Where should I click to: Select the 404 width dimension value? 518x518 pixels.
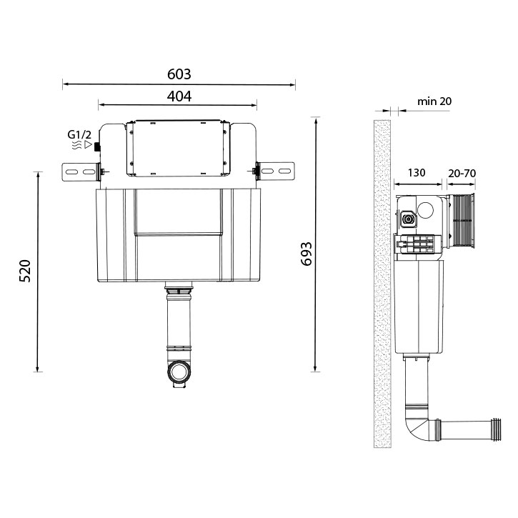(179, 95)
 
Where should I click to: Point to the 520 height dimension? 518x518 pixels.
(24, 272)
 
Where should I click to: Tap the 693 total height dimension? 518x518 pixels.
(305, 254)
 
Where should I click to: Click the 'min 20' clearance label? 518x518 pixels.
(434, 101)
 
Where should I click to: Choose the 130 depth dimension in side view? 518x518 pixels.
(418, 173)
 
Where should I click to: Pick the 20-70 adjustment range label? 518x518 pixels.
(462, 173)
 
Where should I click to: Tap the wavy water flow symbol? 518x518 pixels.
(75, 144)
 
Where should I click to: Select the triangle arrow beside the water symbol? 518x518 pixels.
(88, 144)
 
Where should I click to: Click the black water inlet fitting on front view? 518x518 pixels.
(97, 149)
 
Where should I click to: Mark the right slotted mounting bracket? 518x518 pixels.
(277, 171)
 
